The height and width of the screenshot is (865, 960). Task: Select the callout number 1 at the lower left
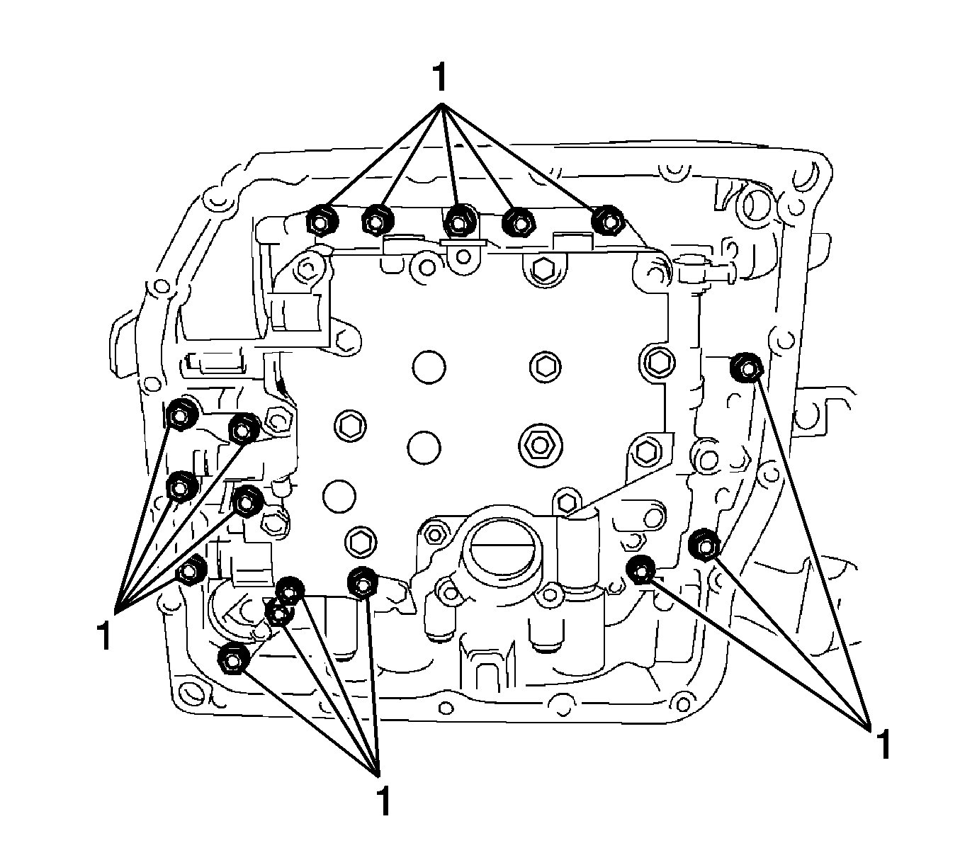pyautogui.click(x=104, y=636)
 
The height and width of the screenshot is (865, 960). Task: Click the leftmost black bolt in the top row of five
pyautogui.click(x=321, y=220)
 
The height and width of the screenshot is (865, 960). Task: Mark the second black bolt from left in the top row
pyautogui.click(x=377, y=221)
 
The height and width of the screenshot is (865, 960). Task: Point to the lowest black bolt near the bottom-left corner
pyautogui.click(x=232, y=660)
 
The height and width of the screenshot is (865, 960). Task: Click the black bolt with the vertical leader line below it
pyautogui.click(x=363, y=583)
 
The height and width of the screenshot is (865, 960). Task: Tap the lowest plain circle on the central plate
pyautogui.click(x=339, y=497)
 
